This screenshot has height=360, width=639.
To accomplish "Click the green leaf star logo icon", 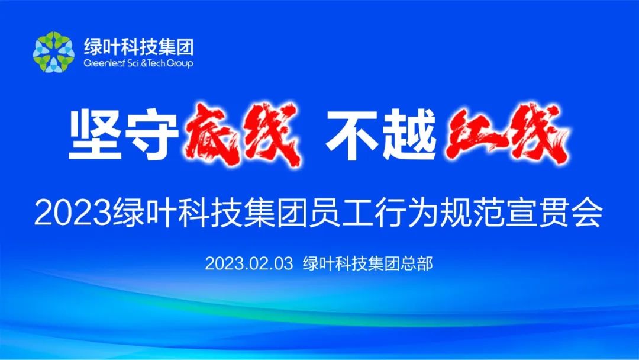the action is pos(53,52).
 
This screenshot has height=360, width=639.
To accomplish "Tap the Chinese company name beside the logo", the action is pos(138,47).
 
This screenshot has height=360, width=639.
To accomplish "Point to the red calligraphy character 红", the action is pos(473,134).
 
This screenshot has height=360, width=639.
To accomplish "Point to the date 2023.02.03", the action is pos(249,263).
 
